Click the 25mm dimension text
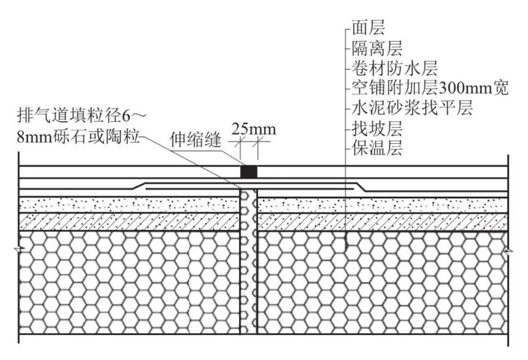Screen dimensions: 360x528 (x=253, y=129)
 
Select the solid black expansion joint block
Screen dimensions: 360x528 (x=249, y=171)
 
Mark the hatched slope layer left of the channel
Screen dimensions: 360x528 (x=130, y=222)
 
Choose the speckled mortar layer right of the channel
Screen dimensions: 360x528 (x=381, y=205)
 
